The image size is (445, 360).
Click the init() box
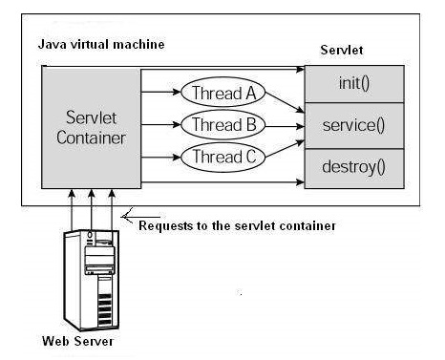(x=353, y=83)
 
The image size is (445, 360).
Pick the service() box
(x=353, y=125)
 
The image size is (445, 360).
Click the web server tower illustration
(x=92, y=277)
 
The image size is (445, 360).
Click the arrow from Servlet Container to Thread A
(x=158, y=94)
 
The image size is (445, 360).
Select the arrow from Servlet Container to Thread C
(x=158, y=156)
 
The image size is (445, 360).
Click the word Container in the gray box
(x=90, y=138)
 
